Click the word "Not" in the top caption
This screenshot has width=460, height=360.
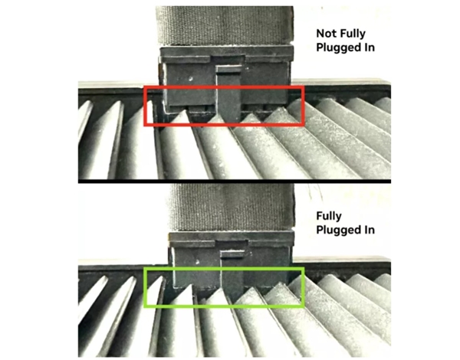327,34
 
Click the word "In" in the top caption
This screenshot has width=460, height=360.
371,47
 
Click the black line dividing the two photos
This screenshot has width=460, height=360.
230,181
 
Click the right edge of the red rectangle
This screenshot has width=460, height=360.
304,106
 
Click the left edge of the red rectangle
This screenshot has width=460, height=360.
146,106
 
